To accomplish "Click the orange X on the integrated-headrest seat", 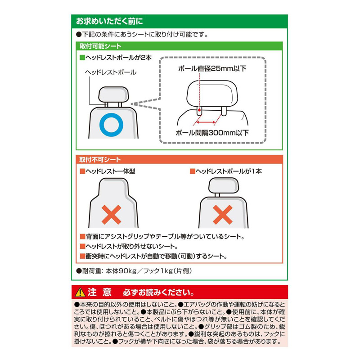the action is coord(111,215).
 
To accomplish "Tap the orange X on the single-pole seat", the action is coord(222,215).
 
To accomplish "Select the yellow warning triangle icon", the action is coord(80,292).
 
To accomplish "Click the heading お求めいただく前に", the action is coord(109,21).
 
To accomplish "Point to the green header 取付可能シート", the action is coord(100,46).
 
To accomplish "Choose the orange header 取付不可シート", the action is coord(100,160).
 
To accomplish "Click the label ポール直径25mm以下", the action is coord(212,68).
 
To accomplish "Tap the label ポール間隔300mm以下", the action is coord(212,133).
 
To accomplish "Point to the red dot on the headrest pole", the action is coord(199,110).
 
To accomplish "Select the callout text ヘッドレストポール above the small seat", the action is coord(111,72).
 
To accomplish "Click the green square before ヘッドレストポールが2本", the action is coord(82,58).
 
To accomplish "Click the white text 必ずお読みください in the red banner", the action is coord(158,292).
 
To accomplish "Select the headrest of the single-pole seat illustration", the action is coord(223,185).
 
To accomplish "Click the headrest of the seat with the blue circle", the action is coord(113,94).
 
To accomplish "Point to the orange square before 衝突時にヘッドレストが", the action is coord(82,256).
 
